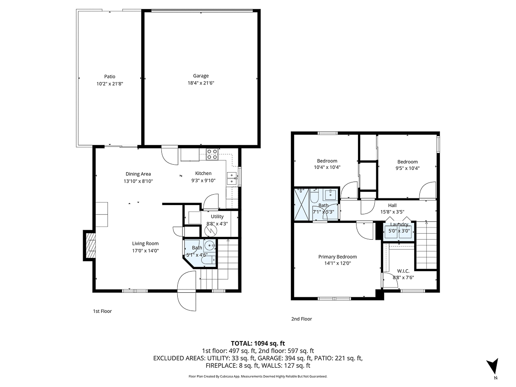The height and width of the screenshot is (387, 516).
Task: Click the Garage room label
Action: coord(201,76)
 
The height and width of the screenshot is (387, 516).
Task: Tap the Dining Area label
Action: coord(138,174)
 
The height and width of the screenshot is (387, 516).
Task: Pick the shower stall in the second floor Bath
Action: coord(301,205)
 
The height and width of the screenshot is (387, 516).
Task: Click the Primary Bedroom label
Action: coord(337,257)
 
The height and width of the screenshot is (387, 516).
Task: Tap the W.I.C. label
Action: coord(403,271)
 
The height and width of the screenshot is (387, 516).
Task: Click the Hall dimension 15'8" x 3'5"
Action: coord(392,212)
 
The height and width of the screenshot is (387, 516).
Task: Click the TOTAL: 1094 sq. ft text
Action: coord(258,343)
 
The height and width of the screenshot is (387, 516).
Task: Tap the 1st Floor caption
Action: coord(102,311)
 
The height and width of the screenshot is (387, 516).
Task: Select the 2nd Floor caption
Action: coord(301,319)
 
